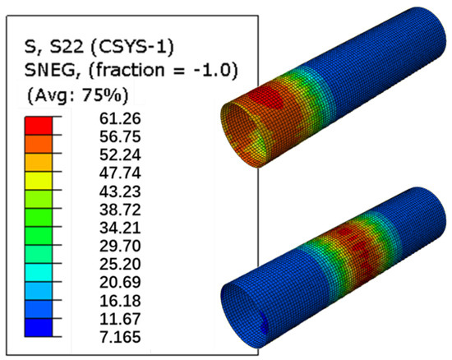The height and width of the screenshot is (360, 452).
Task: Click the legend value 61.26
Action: pyautogui.click(x=120, y=118)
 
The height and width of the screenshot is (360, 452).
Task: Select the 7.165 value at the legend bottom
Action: pyautogui.click(x=120, y=337)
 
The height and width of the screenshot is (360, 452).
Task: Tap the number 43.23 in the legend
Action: pyautogui.click(x=120, y=192)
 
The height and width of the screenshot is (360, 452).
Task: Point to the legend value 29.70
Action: pyautogui.click(x=120, y=246)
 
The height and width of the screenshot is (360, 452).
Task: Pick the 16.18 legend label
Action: pyautogui.click(x=120, y=301)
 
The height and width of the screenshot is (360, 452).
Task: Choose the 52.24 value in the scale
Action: pyautogui.click(x=120, y=155)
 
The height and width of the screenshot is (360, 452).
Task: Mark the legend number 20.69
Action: pyautogui.click(x=120, y=283)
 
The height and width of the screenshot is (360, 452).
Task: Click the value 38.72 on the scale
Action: pyautogui.click(x=120, y=210)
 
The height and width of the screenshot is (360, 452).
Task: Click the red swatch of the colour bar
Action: pyautogui.click(x=39, y=126)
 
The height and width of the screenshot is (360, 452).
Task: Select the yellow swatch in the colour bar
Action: pyautogui.click(x=39, y=181)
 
